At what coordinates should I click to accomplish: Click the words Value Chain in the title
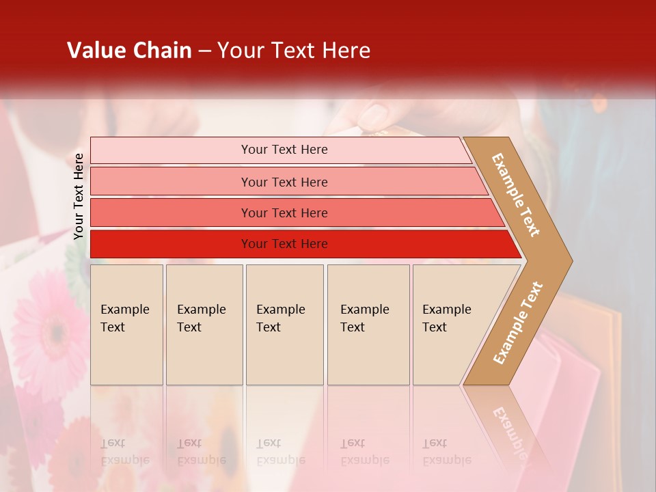point(129,51)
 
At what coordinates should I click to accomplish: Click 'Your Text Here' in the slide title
point(294,51)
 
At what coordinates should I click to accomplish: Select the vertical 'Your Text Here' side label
point(79,196)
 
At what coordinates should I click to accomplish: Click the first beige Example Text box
point(126,325)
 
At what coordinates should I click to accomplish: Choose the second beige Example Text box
point(204,325)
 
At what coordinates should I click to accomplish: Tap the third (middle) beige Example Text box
point(284,325)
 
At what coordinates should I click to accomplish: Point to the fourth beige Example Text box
point(368,325)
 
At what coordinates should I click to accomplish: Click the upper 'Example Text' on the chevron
point(517,195)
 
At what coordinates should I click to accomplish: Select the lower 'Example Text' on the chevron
point(518,323)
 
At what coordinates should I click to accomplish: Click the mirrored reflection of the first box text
point(124,452)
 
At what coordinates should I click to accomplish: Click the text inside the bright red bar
point(284,244)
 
